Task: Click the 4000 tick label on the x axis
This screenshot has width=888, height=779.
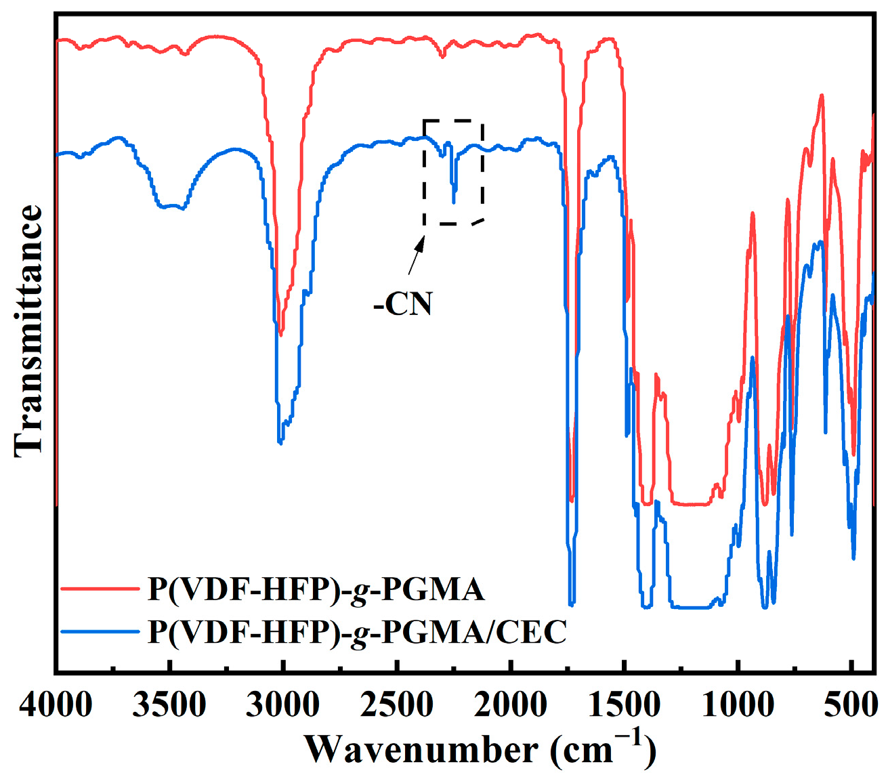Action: (x=56, y=706)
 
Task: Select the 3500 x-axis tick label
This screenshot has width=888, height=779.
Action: (x=169, y=706)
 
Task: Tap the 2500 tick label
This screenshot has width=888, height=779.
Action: (x=396, y=706)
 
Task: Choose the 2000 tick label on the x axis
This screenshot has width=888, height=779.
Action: (x=509, y=706)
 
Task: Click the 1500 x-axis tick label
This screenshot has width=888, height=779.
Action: (x=623, y=706)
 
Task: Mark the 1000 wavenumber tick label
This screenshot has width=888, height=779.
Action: (x=737, y=706)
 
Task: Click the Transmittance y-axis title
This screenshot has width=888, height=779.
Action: (x=28, y=331)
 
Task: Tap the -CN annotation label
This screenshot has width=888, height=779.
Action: (x=403, y=304)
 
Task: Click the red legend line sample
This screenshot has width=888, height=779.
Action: (x=98, y=589)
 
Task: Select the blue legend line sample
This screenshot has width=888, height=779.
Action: (x=98, y=632)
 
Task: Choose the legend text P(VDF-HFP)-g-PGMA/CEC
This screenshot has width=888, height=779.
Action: (x=357, y=632)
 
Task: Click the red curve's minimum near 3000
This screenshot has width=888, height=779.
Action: (x=281, y=333)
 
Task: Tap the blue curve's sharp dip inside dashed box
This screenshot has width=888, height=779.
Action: (x=454, y=201)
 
